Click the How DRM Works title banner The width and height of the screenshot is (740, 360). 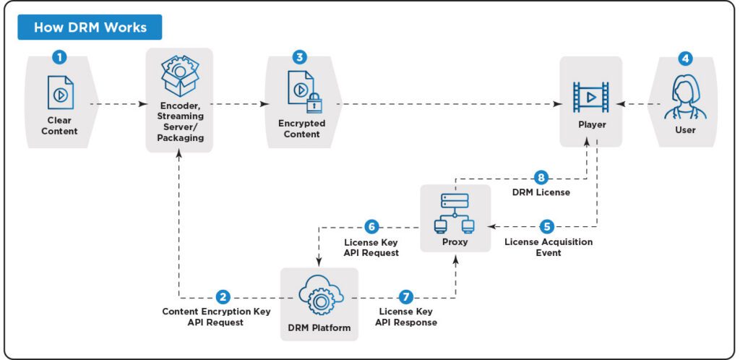[x=90, y=27]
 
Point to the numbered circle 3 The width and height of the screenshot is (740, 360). [x=299, y=56]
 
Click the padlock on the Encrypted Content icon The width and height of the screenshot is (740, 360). [x=313, y=104]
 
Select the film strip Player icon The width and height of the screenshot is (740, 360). [x=590, y=96]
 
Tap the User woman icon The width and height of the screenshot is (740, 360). [x=684, y=97]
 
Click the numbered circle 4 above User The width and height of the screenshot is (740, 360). [x=684, y=56]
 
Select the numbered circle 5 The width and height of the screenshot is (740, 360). [x=548, y=225]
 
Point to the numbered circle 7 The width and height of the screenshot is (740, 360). [x=405, y=297]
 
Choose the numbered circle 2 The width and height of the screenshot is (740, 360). [x=224, y=297]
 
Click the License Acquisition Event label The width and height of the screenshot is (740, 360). [x=548, y=247]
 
